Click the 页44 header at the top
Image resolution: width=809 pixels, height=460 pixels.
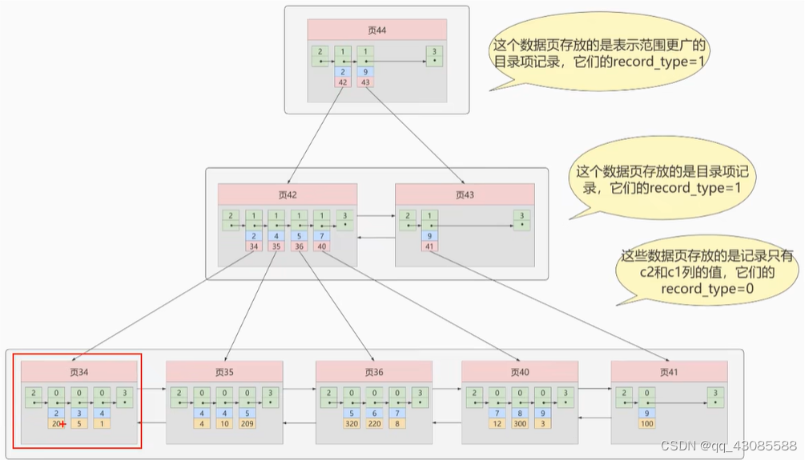click(376, 30)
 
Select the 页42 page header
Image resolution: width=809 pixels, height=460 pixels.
click(287, 194)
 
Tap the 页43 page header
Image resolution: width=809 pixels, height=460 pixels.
click(465, 194)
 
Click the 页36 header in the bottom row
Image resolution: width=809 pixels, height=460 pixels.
click(373, 372)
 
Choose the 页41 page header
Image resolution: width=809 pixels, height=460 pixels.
click(669, 372)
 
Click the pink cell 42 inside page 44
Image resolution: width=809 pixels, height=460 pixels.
click(343, 82)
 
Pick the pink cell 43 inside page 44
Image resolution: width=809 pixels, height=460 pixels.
click(365, 82)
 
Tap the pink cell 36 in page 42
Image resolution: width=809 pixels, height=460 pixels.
click(299, 246)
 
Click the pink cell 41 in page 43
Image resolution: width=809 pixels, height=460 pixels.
click(430, 246)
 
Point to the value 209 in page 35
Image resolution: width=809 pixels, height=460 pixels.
click(248, 424)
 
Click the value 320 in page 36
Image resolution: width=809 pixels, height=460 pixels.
click(351, 424)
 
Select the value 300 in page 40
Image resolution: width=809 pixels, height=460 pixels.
click(521, 424)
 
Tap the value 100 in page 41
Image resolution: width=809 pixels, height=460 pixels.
click(646, 424)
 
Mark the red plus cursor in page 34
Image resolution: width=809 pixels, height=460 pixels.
click(62, 424)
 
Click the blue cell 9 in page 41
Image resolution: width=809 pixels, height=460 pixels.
click(646, 413)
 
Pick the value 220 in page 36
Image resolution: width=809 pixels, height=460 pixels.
click(373, 424)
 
